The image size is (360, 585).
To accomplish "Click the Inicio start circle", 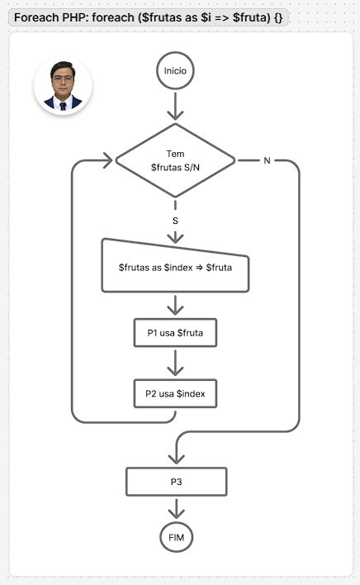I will pyautogui.click(x=175, y=71).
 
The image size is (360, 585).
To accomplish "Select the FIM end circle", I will pyautogui.click(x=175, y=537).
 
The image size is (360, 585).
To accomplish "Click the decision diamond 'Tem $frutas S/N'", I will pyautogui.click(x=175, y=160).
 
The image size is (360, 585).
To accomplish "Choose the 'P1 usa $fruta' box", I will pyautogui.click(x=175, y=333).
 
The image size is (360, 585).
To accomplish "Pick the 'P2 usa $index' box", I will pyautogui.click(x=175, y=394).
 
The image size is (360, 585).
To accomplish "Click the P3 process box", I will pyautogui.click(x=175, y=482).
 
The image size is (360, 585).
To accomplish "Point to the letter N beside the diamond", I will pyautogui.click(x=266, y=160).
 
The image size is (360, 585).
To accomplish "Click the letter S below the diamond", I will pyautogui.click(x=175, y=221).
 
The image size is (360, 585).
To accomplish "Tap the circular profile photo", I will pyautogui.click(x=63, y=86).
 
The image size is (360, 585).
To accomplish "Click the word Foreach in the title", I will pyautogui.click(x=35, y=17).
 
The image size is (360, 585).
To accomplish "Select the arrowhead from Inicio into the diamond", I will pyautogui.click(x=175, y=116).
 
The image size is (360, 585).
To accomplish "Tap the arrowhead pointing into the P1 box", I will pyautogui.click(x=175, y=311).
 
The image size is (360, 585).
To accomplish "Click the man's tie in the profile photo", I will pyautogui.click(x=63, y=105).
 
